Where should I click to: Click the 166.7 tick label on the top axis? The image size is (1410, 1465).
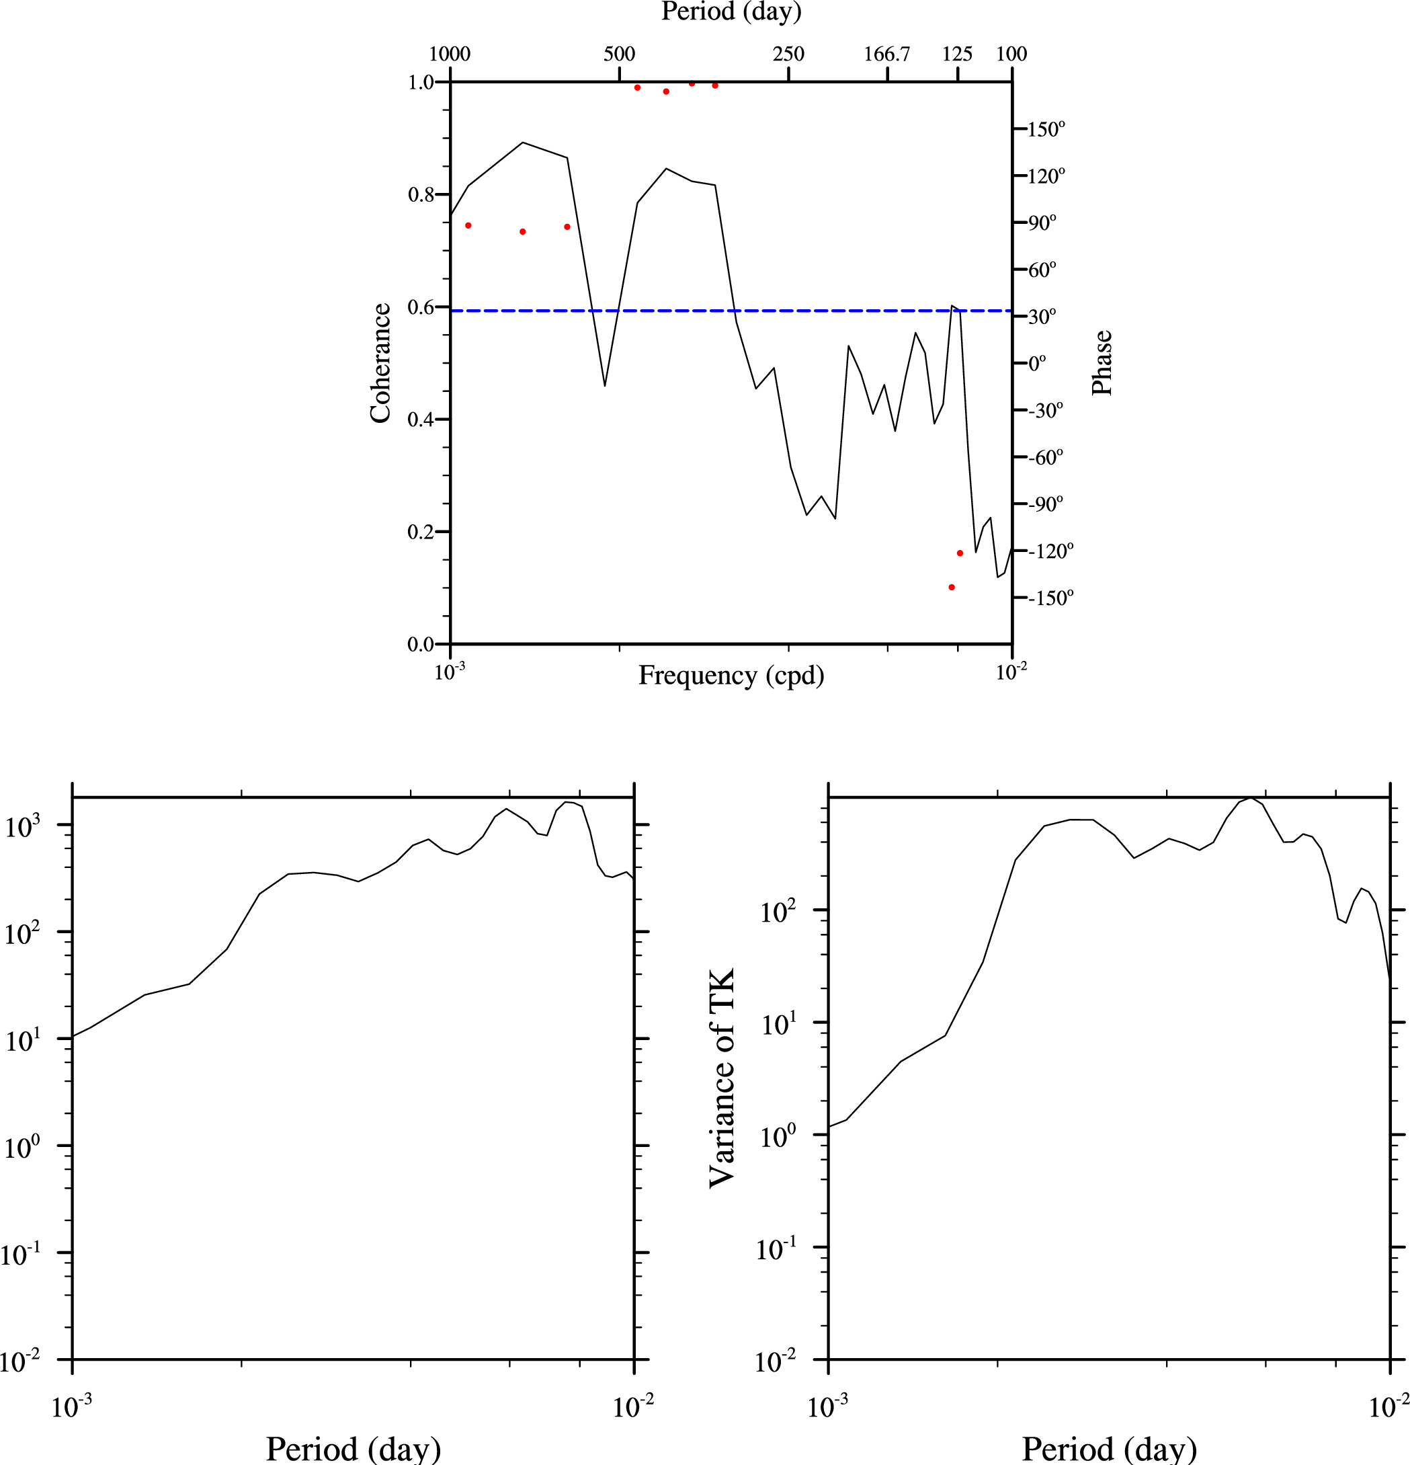pos(887,54)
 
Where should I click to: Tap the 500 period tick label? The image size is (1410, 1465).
pos(619,54)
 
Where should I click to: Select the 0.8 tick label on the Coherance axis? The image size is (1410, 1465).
pos(421,195)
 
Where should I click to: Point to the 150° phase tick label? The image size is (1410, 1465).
pos(1046,129)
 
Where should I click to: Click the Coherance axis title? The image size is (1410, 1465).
pos(380,363)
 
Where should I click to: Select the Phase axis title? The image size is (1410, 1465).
pos(1102,362)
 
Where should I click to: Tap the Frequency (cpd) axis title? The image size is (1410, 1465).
pos(731,675)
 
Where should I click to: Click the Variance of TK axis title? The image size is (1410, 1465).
pos(722,1078)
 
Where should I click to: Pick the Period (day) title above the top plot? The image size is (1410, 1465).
pos(731,11)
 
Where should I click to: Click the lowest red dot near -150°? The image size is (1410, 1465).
pos(951,588)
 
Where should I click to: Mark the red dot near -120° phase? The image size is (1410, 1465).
pos(960,553)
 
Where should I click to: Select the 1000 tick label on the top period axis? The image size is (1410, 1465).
pos(450,54)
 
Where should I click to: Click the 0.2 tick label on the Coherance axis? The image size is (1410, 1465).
pos(421,532)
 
